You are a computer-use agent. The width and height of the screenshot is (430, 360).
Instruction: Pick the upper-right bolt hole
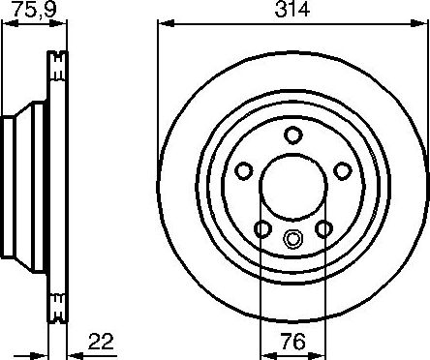341,171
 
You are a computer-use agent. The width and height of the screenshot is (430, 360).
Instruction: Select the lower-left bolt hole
261,229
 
